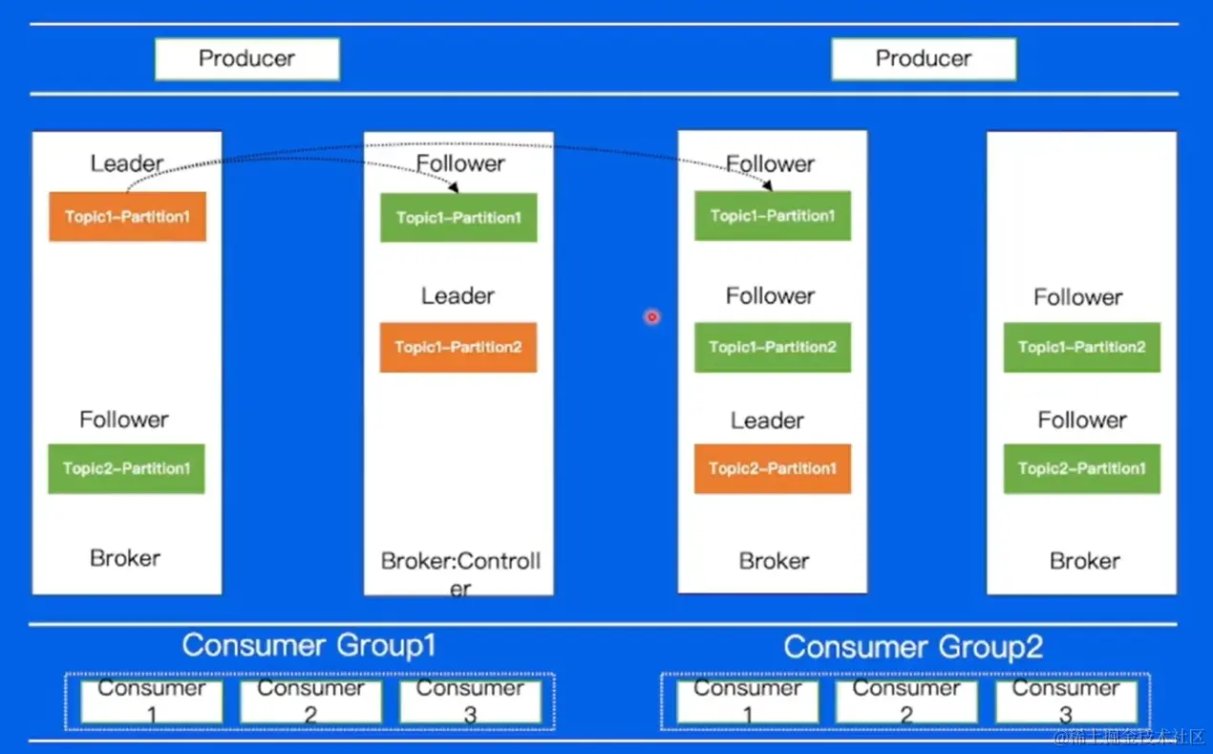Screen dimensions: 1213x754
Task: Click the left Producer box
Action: (247, 59)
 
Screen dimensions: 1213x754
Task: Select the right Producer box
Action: (924, 59)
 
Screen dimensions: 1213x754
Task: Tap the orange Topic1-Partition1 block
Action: (127, 216)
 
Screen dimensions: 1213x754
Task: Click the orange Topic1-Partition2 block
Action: (458, 347)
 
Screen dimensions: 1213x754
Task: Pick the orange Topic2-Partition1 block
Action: (773, 468)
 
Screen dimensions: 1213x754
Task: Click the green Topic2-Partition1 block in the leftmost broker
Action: (127, 468)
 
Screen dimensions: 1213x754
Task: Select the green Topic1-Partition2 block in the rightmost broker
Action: (1082, 347)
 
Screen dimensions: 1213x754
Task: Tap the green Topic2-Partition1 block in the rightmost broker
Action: (1082, 468)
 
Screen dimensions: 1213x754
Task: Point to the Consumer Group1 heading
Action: (309, 645)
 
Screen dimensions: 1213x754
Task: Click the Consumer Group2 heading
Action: (913, 647)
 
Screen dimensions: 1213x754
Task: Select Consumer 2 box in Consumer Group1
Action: (310, 702)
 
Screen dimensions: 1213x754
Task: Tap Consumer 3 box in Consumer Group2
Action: (1066, 702)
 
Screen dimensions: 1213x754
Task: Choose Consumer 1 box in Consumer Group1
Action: (152, 702)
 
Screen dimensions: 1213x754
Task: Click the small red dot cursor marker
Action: (652, 317)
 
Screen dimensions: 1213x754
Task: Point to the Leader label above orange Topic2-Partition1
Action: (767, 420)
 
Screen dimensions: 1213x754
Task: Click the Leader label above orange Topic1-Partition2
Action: (458, 295)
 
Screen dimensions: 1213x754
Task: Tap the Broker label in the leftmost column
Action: (125, 558)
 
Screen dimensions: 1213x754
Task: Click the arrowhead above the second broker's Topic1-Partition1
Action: (454, 187)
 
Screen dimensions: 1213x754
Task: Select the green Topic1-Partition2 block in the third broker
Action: (773, 347)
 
